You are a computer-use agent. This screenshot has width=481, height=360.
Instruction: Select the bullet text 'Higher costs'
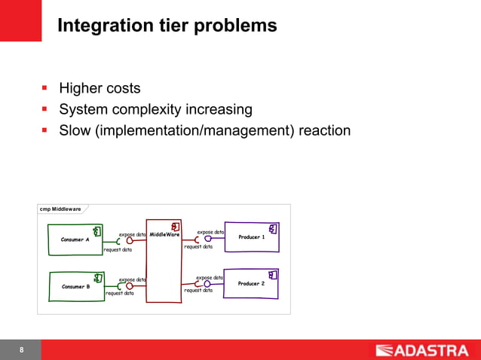click(x=100, y=89)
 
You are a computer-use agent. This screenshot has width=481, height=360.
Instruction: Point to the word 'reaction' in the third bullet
click(x=324, y=130)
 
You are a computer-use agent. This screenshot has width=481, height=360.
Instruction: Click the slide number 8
click(x=21, y=350)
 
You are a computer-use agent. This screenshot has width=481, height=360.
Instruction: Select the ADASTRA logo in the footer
click(x=422, y=349)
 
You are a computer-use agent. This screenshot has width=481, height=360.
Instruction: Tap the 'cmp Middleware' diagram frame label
click(x=62, y=209)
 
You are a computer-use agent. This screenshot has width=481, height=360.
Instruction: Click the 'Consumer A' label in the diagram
click(x=75, y=239)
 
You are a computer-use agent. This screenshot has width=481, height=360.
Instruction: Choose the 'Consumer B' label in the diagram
click(x=75, y=286)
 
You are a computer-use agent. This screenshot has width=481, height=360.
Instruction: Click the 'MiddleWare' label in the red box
click(x=164, y=234)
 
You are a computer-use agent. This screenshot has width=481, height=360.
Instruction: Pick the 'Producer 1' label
click(x=251, y=237)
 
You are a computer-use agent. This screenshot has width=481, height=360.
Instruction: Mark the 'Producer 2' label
click(x=251, y=284)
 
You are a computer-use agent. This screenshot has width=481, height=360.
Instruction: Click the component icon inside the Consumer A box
click(x=97, y=230)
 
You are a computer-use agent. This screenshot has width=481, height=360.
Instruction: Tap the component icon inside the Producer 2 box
click(x=273, y=275)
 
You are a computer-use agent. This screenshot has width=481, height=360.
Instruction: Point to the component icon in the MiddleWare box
click(x=174, y=226)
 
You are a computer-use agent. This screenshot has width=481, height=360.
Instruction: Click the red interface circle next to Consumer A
click(x=130, y=241)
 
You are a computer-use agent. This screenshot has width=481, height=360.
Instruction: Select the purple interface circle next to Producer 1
click(x=207, y=239)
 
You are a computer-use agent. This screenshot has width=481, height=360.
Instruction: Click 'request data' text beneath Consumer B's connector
click(x=119, y=294)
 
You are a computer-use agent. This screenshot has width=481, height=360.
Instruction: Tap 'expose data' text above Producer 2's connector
click(x=210, y=278)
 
